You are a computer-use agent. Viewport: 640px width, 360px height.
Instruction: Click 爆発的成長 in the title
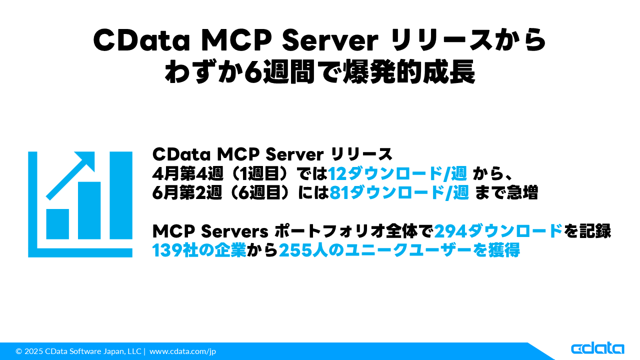[x=402, y=73]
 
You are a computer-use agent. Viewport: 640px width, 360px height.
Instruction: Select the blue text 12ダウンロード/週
[x=398, y=173]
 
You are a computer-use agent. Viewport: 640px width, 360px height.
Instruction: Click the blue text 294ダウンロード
[x=498, y=230]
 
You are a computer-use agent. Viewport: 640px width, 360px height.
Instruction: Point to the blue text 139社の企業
[x=199, y=249]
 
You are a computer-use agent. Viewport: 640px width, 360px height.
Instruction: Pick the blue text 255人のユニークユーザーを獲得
[x=399, y=249]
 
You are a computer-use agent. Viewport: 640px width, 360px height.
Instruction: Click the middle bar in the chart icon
[x=89, y=210]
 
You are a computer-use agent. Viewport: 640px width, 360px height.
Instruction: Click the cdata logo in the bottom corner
[x=597, y=348]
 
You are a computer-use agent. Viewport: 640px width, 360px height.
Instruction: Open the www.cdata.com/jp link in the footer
[x=182, y=351]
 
